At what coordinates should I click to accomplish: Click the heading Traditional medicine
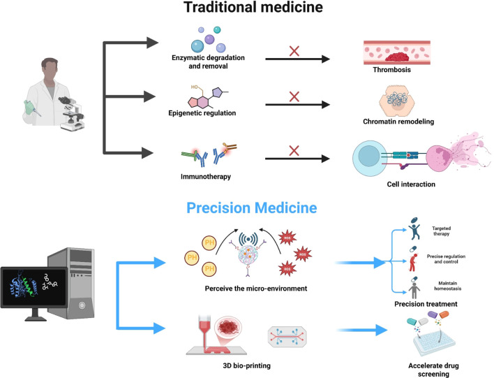tap(253, 7)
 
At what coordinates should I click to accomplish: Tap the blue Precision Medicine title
tap(251, 208)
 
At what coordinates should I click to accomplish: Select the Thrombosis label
tap(391, 70)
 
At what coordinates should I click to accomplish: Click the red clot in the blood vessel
tap(396, 57)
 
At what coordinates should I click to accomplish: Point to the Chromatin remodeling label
tap(398, 122)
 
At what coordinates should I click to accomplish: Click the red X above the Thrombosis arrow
tap(294, 51)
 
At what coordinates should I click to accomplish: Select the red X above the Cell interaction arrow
tap(294, 150)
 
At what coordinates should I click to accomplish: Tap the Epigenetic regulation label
tap(202, 113)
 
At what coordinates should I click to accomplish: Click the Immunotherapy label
tap(206, 176)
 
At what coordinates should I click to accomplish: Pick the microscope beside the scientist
tap(72, 114)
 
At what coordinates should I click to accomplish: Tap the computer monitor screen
tap(34, 286)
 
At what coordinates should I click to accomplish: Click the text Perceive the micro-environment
tap(256, 289)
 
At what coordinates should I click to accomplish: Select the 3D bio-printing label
tap(247, 365)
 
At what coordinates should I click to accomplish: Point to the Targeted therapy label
tap(442, 231)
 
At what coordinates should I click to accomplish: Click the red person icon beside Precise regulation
tap(413, 263)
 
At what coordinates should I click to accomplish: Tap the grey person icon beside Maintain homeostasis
tap(414, 290)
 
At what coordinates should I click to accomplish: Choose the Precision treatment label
tap(426, 304)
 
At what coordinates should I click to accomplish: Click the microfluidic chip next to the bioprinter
tap(287, 337)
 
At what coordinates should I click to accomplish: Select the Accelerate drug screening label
tap(433, 370)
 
